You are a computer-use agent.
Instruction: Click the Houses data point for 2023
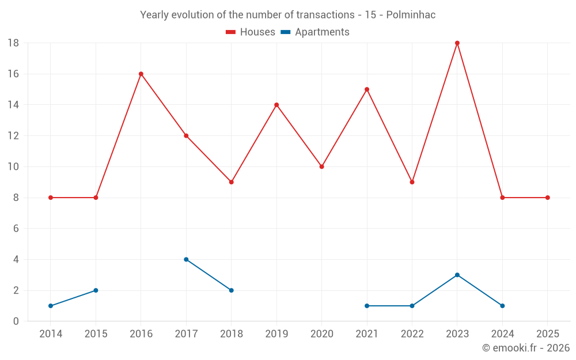click(x=457, y=43)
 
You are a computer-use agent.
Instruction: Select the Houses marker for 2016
click(x=141, y=74)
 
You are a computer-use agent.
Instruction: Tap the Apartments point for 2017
click(x=186, y=259)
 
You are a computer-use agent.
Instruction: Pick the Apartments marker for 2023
click(x=457, y=275)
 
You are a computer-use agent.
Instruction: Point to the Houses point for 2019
click(x=276, y=105)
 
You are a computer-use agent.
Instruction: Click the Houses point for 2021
click(x=367, y=89)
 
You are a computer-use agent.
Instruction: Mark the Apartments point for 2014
click(x=51, y=306)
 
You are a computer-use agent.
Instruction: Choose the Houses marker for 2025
click(x=548, y=198)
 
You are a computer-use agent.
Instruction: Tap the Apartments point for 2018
click(x=232, y=290)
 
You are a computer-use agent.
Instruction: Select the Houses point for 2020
click(x=322, y=166)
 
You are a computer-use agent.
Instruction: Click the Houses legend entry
click(x=251, y=32)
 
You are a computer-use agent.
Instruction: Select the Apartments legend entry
click(x=315, y=32)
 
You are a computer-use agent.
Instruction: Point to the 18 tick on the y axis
click(x=13, y=43)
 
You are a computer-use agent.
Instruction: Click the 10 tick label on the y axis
click(x=13, y=166)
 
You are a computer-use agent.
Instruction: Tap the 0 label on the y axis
click(x=16, y=321)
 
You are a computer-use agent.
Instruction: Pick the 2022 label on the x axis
click(x=412, y=334)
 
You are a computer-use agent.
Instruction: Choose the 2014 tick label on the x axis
click(x=51, y=334)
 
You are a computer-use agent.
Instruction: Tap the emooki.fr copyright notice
click(x=526, y=348)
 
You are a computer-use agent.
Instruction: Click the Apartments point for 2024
click(x=503, y=306)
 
